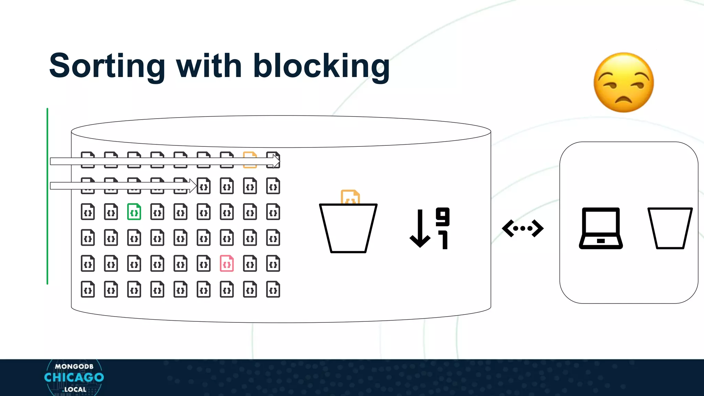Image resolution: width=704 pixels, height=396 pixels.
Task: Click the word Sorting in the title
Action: [x=107, y=66]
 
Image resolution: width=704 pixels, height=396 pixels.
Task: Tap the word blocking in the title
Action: [x=321, y=66]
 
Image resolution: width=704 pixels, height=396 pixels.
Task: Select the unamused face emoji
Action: [x=624, y=82]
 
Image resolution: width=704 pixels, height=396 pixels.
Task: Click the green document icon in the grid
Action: [x=134, y=212]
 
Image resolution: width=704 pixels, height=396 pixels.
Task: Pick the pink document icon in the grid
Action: [x=227, y=264]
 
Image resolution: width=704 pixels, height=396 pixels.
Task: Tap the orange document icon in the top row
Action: [x=250, y=159]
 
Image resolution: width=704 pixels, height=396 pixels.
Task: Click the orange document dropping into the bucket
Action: [x=350, y=197]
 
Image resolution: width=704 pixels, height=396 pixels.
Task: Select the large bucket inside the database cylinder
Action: [x=348, y=228]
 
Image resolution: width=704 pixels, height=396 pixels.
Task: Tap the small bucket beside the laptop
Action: [x=670, y=228]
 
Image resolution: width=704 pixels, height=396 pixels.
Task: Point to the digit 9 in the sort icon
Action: [x=442, y=217]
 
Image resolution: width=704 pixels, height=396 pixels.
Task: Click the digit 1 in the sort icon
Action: [x=444, y=240]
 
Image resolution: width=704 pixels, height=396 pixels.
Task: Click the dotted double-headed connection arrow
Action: [x=522, y=228]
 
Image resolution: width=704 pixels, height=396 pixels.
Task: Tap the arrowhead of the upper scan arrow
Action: [x=276, y=161]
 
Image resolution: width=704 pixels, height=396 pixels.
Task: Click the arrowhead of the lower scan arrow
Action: [x=193, y=186]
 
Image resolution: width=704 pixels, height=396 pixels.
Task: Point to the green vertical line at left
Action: [x=47, y=196]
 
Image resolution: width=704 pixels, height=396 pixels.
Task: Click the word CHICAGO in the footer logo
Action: [x=74, y=377]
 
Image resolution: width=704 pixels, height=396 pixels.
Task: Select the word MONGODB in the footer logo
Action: [x=74, y=366]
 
